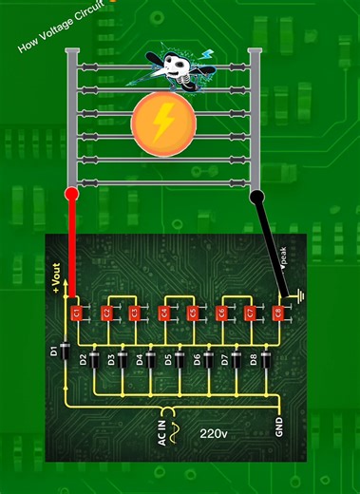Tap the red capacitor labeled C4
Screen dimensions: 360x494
coord(163,312)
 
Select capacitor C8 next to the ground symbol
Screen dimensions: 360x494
coord(278,312)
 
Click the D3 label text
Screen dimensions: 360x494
coord(111,359)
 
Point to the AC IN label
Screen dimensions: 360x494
coord(161,431)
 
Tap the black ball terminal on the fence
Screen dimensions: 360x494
coord(256,197)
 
